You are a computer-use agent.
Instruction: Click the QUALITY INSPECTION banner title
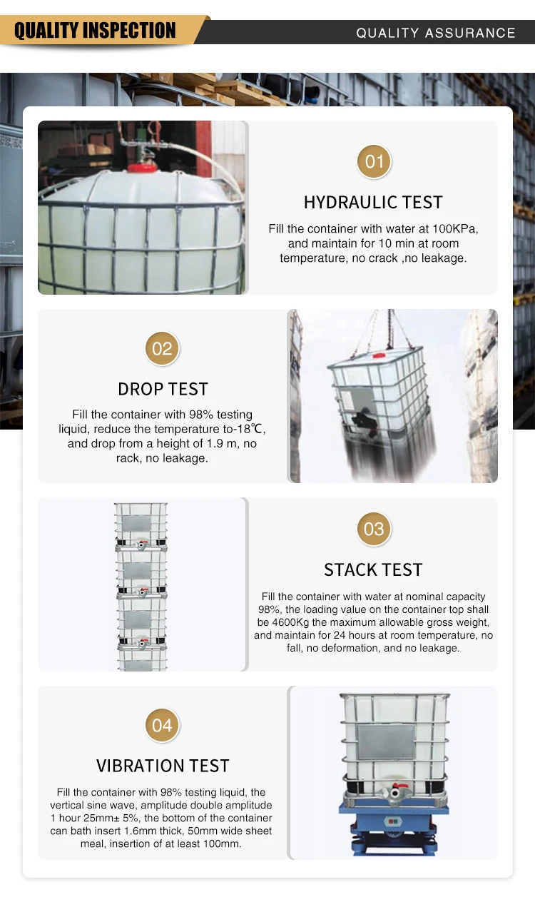click(95, 31)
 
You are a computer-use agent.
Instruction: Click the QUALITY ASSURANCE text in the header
click(435, 33)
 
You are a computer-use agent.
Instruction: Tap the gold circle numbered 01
click(374, 161)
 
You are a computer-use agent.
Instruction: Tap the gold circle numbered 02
click(163, 349)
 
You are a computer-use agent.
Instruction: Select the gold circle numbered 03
click(374, 529)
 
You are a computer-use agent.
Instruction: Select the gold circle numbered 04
click(163, 726)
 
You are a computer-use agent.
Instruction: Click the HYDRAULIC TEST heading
click(373, 203)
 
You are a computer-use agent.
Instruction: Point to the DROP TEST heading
click(163, 389)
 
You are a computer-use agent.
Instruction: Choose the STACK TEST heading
click(373, 569)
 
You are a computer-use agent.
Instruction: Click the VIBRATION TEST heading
click(163, 766)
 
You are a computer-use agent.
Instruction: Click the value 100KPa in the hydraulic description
click(452, 229)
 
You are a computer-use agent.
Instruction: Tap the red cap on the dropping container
click(379, 354)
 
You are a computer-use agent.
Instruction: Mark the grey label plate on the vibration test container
click(386, 742)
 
